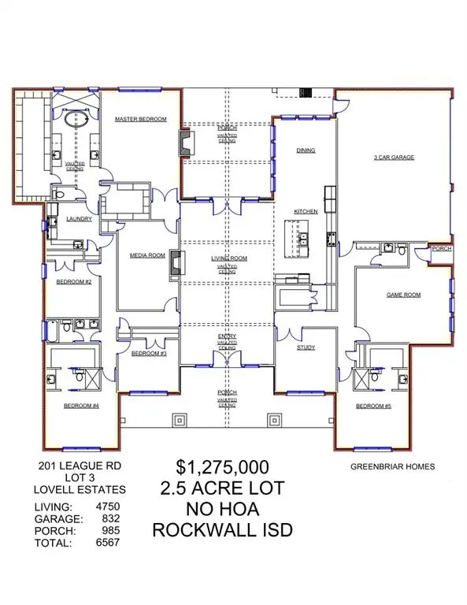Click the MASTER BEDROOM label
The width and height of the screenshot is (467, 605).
(141, 119)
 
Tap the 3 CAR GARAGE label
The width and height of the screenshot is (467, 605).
(394, 158)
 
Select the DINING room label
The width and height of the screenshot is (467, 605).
(306, 150)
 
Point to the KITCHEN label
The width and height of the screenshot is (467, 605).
(306, 212)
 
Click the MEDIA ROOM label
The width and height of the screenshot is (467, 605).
(147, 255)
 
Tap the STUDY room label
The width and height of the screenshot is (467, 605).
(306, 347)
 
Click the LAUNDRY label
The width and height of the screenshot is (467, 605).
(80, 219)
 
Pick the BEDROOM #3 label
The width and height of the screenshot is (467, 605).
(147, 354)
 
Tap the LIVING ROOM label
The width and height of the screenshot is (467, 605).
(228, 258)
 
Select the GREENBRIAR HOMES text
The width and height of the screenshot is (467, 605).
(392, 466)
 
